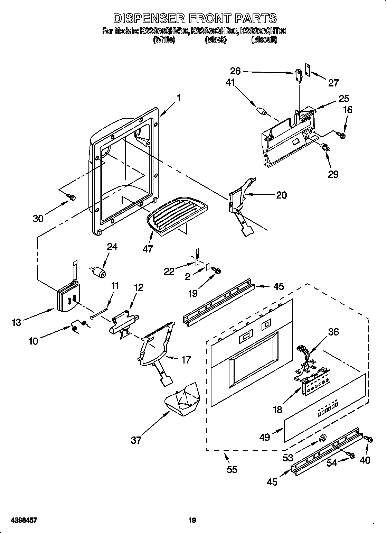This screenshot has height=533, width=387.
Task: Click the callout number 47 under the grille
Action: (x=148, y=249)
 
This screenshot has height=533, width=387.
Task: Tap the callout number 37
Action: (x=136, y=440)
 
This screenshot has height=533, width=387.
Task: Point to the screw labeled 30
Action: (x=72, y=197)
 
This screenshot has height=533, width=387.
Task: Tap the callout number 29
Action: (x=333, y=174)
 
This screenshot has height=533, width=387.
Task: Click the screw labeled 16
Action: (x=342, y=136)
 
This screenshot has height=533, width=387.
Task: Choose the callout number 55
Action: (x=232, y=469)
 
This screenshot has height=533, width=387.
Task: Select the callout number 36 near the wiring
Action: (x=333, y=332)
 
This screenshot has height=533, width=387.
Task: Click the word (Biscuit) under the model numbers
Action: (x=264, y=40)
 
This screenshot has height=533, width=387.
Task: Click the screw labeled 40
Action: (x=368, y=440)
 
